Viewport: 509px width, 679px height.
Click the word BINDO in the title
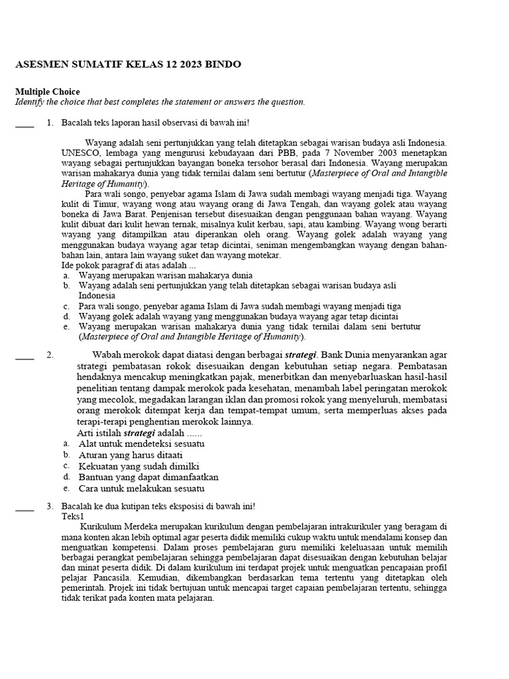click(x=223, y=64)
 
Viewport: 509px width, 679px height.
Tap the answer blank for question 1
click(x=25, y=124)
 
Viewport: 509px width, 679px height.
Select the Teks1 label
click(x=73, y=517)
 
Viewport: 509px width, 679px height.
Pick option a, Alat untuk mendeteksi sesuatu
click(x=141, y=443)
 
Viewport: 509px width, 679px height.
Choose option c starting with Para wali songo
click(x=239, y=306)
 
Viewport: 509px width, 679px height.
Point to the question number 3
click(x=50, y=507)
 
